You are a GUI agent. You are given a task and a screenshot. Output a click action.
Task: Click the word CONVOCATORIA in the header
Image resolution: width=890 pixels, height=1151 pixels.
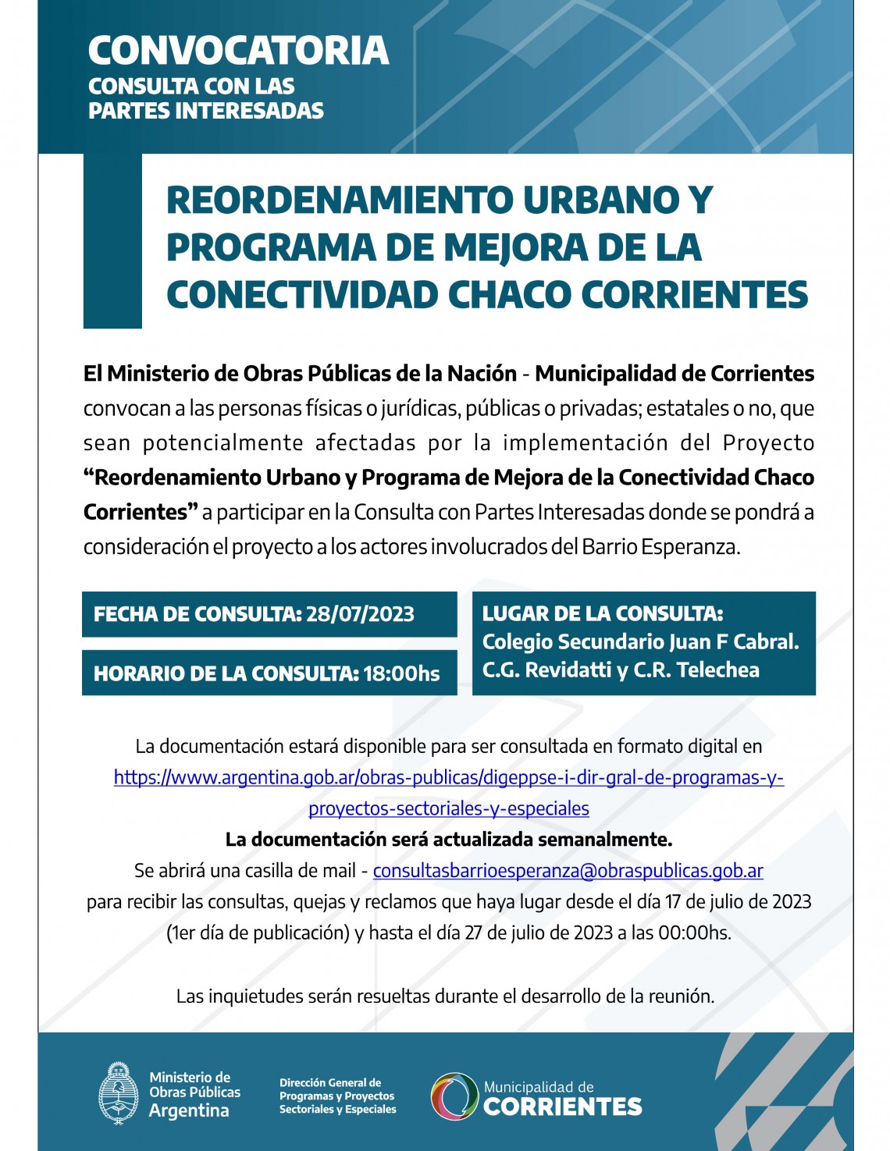(x=238, y=51)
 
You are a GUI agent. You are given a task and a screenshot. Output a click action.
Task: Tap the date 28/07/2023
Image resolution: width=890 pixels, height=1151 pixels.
(x=360, y=614)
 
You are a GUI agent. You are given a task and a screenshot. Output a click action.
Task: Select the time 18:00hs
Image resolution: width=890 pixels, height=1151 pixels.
(x=401, y=673)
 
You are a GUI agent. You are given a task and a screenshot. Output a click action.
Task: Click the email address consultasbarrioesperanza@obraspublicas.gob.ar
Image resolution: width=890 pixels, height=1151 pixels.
(x=568, y=870)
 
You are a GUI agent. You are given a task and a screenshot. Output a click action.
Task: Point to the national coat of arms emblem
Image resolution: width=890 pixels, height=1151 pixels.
(x=119, y=1093)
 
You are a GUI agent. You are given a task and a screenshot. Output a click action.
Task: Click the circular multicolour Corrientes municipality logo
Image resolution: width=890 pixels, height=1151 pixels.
(x=454, y=1096)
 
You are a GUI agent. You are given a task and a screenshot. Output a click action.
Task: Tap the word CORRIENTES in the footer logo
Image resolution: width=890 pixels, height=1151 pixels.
(x=562, y=1107)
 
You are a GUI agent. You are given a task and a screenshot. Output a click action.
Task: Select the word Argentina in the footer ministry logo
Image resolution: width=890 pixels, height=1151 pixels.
(x=189, y=1110)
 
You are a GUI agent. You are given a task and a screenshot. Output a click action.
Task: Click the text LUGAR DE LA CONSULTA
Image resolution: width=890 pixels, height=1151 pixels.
(x=602, y=613)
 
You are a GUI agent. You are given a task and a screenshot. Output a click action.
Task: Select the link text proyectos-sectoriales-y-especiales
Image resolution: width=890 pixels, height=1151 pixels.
(x=449, y=808)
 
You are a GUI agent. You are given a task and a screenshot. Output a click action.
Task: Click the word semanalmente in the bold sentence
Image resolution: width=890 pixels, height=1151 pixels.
(x=616, y=840)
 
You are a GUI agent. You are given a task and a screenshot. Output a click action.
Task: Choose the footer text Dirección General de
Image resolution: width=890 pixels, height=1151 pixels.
(x=330, y=1082)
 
